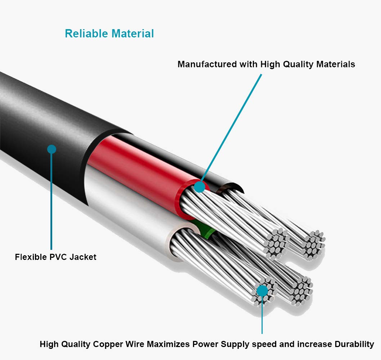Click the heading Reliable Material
click(109, 33)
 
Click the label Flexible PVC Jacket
click(55, 257)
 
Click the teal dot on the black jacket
click(52, 149)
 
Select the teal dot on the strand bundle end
click(262, 290)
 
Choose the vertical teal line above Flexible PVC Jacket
click(51, 202)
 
